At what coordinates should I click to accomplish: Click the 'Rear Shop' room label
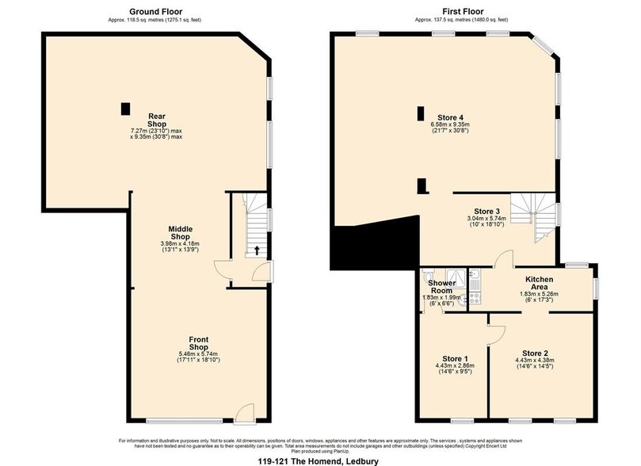click(156, 120)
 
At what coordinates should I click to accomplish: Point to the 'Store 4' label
click(450, 117)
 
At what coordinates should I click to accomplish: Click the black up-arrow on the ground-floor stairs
click(256, 251)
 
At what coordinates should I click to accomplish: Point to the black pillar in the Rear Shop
click(124, 109)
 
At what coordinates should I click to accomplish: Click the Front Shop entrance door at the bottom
click(246, 413)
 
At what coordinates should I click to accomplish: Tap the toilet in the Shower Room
click(427, 300)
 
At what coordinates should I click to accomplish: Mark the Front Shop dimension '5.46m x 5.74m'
click(198, 353)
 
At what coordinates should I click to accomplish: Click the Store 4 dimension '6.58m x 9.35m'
click(450, 124)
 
